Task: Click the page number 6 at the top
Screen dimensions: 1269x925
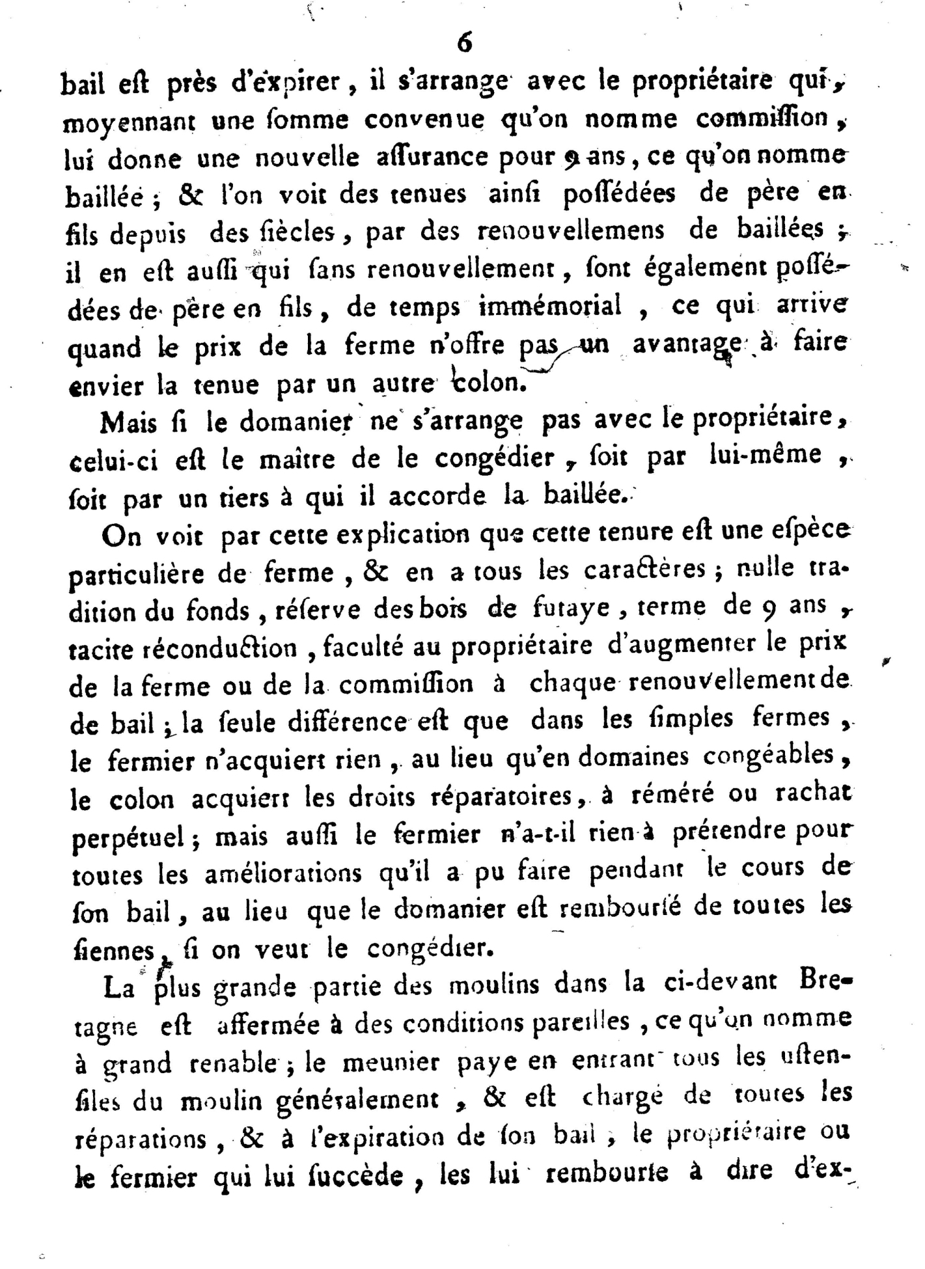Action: pyautogui.click(x=464, y=42)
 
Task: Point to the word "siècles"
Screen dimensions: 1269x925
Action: pyautogui.click(x=299, y=231)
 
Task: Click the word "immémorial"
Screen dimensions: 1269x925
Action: pyautogui.click(x=551, y=306)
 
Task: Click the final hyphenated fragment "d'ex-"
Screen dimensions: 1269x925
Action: pyautogui.click(x=824, y=1173)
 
